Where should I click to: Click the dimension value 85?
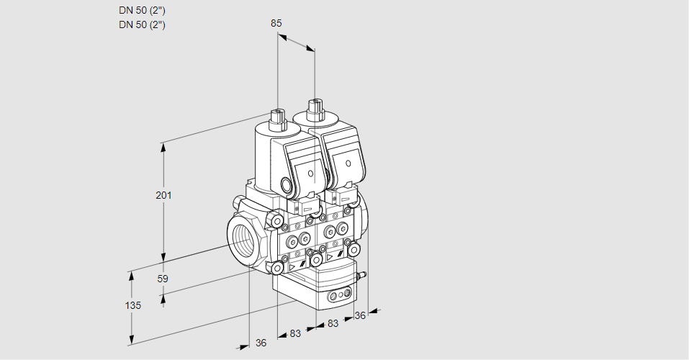pos(276,23)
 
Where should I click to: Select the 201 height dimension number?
pos(165,195)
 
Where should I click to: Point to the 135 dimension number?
pos(132,305)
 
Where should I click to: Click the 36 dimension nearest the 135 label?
pos(261,343)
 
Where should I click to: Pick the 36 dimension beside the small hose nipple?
pos(361,315)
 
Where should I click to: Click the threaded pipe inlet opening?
pos(242,237)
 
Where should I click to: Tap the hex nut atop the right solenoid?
pos(314,109)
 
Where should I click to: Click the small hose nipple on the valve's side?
pos(363,274)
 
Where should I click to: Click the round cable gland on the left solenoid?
pos(289,186)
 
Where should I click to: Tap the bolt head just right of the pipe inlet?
pos(276,220)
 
